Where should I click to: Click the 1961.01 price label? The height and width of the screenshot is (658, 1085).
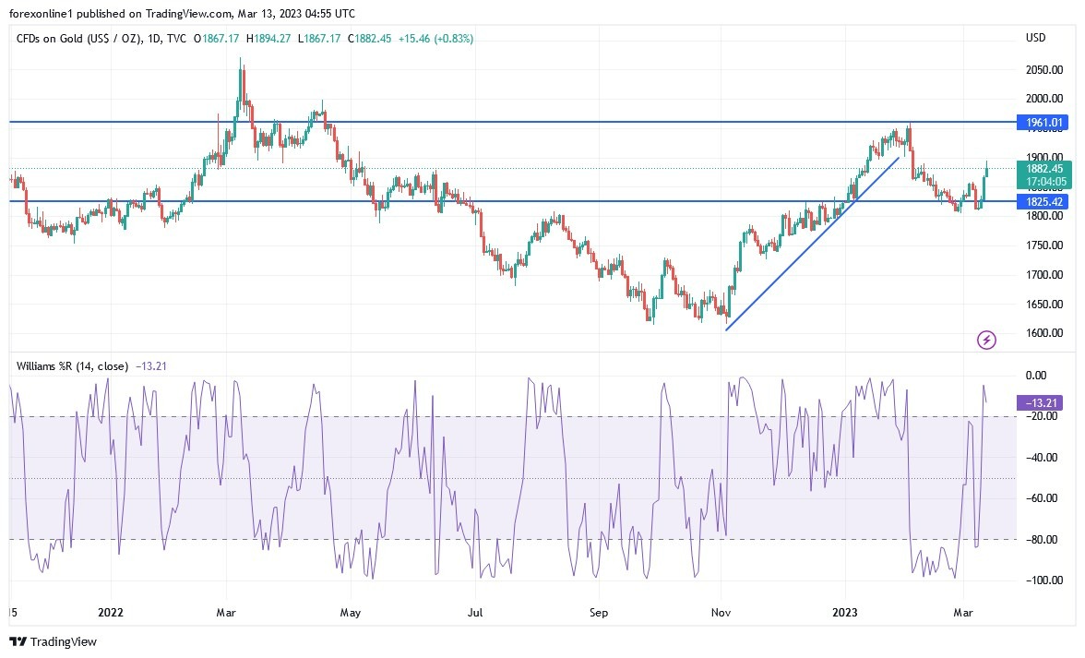1043,122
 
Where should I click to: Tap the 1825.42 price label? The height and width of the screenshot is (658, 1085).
1043,201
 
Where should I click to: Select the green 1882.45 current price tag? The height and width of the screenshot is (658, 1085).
1043,168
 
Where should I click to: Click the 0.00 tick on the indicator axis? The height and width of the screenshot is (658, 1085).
1037,375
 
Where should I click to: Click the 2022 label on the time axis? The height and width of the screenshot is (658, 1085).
110,611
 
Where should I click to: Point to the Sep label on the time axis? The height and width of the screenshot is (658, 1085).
599,611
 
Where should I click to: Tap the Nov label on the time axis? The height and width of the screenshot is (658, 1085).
721,611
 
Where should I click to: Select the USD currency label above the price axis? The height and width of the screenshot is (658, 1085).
1035,38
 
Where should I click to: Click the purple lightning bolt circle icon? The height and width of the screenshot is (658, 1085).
986,341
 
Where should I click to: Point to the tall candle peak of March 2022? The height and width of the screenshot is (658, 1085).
241,61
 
